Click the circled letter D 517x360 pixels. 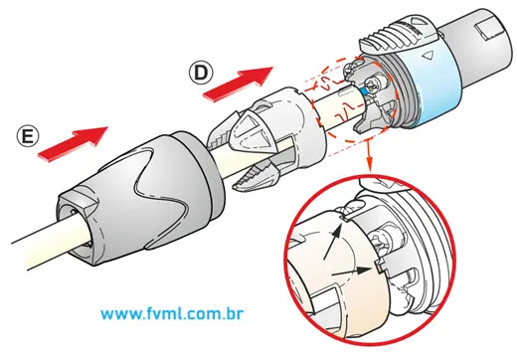201,74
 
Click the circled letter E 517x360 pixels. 28,136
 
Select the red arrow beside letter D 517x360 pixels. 238,84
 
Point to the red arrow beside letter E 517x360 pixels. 74,144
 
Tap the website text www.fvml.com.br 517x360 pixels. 172,313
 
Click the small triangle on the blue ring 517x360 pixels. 428,56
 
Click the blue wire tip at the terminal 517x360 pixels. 363,90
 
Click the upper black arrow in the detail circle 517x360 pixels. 333,241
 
